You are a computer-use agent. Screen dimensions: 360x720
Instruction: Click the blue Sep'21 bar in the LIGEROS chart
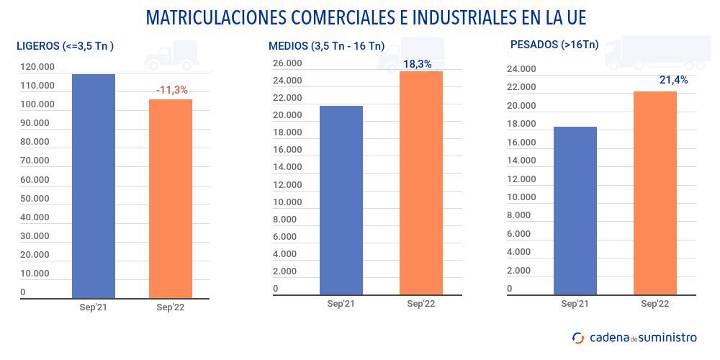(94, 186)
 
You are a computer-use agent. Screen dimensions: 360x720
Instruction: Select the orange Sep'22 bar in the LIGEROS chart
(171, 199)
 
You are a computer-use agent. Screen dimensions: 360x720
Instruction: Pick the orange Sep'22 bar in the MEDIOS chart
(421, 183)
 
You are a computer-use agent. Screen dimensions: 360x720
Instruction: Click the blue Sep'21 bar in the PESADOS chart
(575, 210)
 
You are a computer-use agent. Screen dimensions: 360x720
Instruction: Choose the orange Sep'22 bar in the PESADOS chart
(654, 193)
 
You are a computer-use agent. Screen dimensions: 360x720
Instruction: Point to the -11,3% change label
(171, 90)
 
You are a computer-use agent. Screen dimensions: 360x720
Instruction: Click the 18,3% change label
(418, 64)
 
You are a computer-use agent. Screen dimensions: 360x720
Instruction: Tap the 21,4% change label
(673, 80)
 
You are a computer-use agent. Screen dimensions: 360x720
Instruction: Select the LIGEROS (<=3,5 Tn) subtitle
(66, 46)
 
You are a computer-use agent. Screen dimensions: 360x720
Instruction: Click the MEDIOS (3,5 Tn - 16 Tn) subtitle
(326, 46)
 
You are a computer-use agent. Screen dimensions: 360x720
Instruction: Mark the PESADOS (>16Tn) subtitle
(554, 45)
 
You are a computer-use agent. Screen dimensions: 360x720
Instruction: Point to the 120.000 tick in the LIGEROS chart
(37, 67)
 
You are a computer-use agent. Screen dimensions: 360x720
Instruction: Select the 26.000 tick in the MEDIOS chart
(287, 63)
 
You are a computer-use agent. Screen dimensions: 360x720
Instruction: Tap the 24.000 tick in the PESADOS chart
(522, 69)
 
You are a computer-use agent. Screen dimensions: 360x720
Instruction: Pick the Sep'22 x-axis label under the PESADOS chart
(654, 304)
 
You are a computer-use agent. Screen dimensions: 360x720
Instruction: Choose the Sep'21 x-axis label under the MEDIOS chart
(341, 304)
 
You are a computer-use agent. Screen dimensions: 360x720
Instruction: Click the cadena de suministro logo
(634, 337)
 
